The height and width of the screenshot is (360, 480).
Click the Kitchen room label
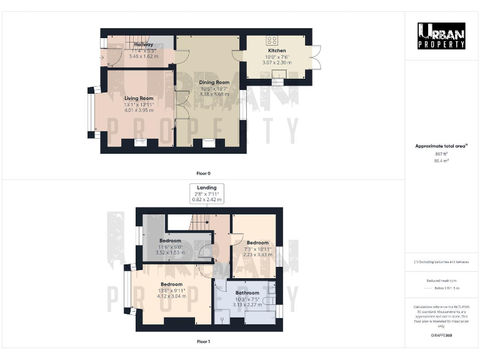(x=277, y=51)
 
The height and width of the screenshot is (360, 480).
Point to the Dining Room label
(x=214, y=82)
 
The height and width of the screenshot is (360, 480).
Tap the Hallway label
(x=143, y=45)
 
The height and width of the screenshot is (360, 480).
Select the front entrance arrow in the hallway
(x=102, y=57)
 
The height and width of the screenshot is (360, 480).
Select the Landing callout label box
(x=207, y=193)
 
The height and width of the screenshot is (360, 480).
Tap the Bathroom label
(x=247, y=292)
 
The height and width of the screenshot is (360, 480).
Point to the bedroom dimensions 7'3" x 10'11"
(x=257, y=249)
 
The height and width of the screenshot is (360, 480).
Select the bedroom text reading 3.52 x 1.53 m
(x=169, y=252)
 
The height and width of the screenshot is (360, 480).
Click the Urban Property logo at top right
(x=441, y=36)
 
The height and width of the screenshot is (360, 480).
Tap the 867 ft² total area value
(x=441, y=154)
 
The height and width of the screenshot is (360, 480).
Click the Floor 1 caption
(x=203, y=342)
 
